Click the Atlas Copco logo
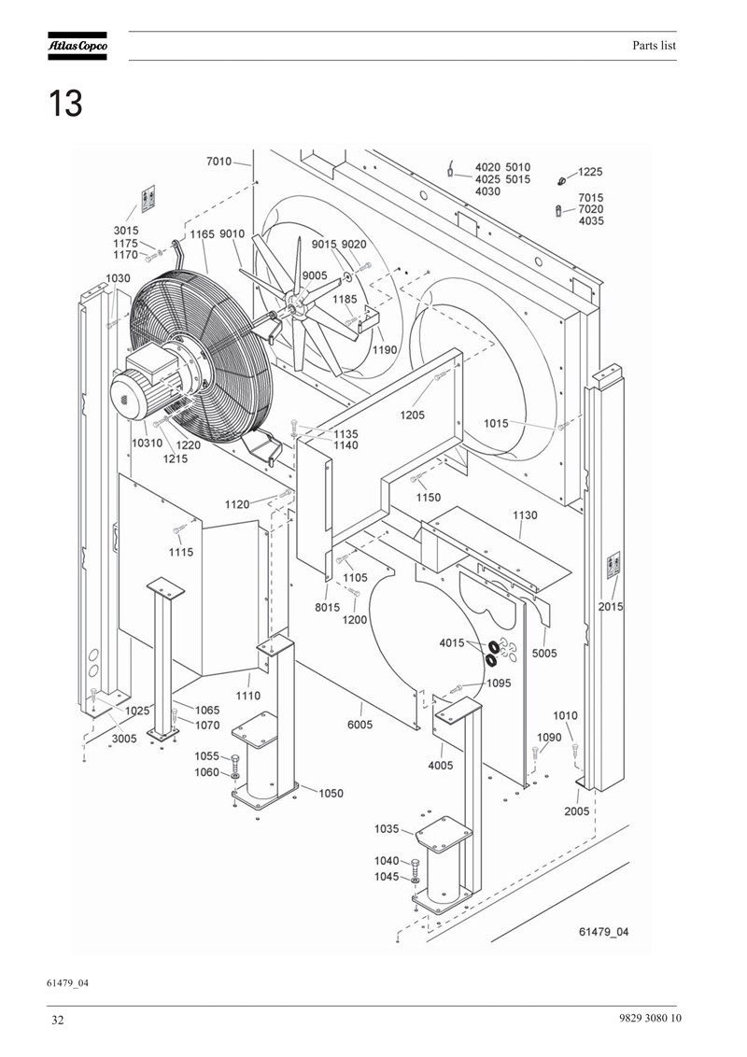coord(77,46)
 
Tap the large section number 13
coord(65,104)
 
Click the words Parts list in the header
coord(654,46)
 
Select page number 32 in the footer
coord(58,1020)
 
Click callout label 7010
coord(219,162)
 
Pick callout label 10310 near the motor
coord(147,443)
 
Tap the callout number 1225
coord(590,172)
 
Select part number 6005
coord(359,725)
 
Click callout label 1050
coord(331,794)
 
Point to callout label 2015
coord(611,607)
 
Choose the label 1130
coord(525,515)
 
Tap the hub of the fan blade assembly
coord(293,306)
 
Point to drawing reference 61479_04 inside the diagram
coord(604,932)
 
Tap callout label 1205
coord(412,416)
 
